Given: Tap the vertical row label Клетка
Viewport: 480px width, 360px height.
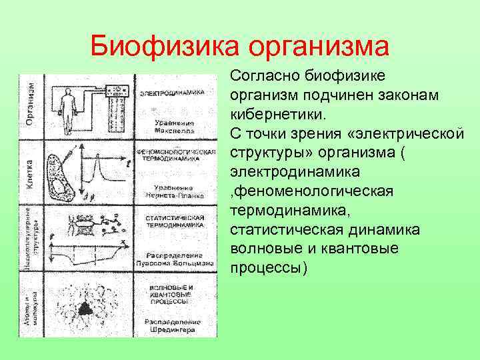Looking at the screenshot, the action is [31, 172].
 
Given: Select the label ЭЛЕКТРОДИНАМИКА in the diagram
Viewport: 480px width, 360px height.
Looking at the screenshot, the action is [176, 91].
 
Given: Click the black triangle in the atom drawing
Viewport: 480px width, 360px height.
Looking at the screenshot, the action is [85, 307].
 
